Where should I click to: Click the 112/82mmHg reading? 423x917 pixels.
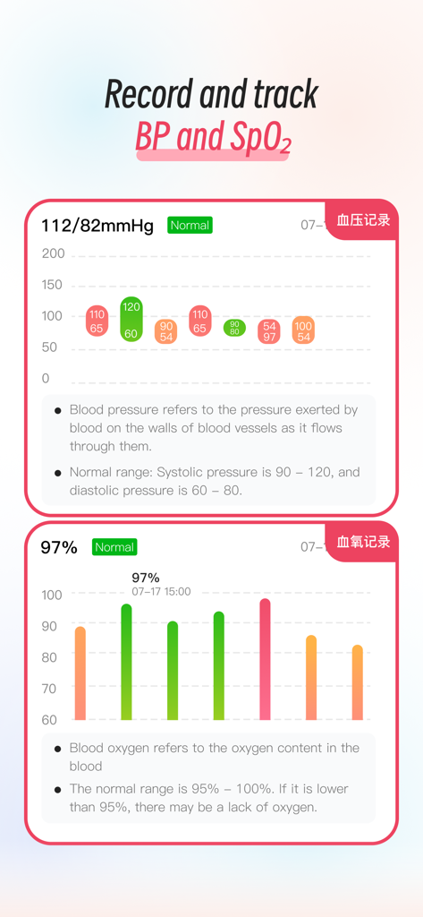point(97,226)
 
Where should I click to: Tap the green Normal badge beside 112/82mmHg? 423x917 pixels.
point(190,226)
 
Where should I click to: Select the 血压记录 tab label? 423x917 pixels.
point(363,220)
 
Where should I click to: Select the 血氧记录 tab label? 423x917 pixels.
point(363,542)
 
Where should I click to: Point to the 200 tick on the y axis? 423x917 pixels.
point(53,253)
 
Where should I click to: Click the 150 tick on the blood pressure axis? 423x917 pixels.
point(53,285)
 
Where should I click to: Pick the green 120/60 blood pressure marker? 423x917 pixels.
point(131,320)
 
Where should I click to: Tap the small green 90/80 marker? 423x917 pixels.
point(234,328)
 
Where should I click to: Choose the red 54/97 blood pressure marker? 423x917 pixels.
point(269,331)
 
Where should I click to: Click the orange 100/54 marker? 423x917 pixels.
point(303,331)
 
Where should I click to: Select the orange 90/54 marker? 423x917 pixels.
point(165,331)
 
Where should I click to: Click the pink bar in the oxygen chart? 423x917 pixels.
point(265,659)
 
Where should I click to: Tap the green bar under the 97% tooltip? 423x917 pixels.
point(127,662)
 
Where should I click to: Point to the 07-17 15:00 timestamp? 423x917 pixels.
point(161,592)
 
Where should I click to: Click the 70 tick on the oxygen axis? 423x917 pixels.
point(49,689)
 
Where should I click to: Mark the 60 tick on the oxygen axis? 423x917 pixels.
point(49,719)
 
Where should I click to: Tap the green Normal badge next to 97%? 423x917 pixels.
point(114,547)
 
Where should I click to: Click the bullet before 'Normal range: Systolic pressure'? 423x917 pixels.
point(58,472)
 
